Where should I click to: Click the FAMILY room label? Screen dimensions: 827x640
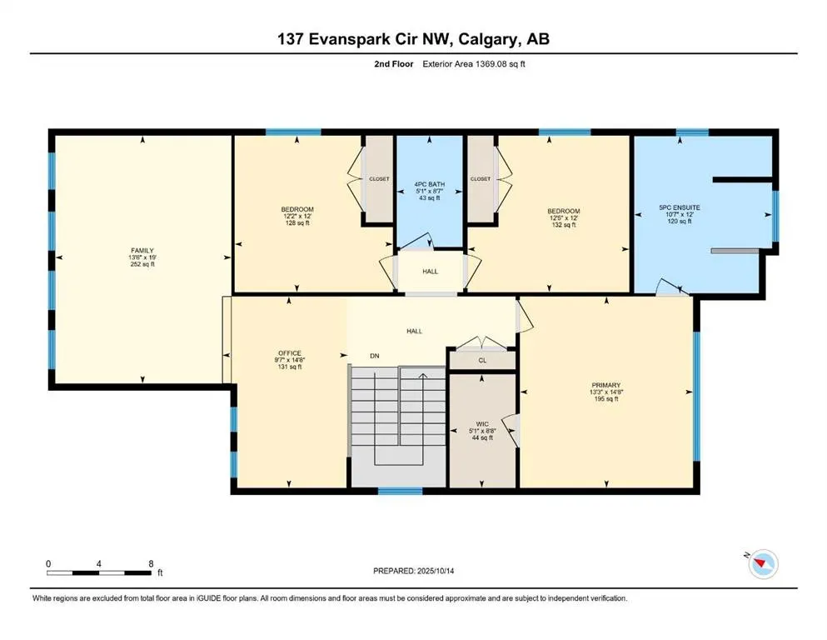pos(142,251)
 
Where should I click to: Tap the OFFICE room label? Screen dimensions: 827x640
pos(290,353)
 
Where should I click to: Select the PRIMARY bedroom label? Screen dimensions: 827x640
pos(605,385)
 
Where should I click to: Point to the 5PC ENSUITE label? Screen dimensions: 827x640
pos(680,207)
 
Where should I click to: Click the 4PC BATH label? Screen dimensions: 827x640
pos(429,184)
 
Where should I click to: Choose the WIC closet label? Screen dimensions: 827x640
pos(482,423)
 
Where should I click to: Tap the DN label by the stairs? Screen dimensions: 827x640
pos(375,356)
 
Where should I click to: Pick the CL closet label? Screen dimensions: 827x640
pos(482,360)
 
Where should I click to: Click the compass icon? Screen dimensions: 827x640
pos(763,564)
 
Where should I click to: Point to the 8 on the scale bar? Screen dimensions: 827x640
pos(151,563)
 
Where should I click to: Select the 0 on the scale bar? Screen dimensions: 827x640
pos(48,563)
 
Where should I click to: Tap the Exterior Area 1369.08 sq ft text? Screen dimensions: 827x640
pos(474,64)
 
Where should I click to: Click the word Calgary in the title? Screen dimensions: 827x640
pos(488,39)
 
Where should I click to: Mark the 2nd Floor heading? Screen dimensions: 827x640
pos(393,64)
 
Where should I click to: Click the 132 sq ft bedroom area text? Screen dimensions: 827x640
pos(563,225)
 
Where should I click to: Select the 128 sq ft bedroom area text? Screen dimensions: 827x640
pos(297,222)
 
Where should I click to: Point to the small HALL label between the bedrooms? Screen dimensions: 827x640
pos(430,271)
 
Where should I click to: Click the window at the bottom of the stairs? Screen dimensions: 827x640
pos(401,491)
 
